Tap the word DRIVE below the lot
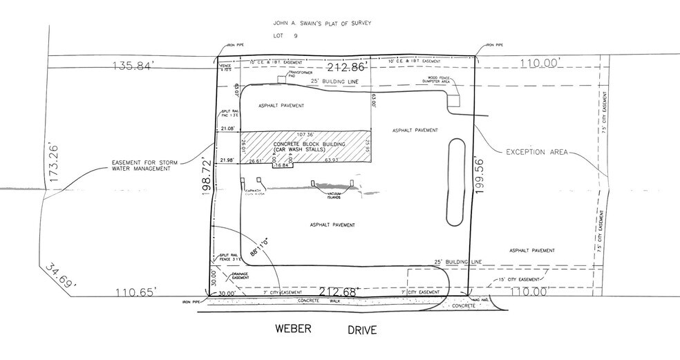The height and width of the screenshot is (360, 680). point(362,330)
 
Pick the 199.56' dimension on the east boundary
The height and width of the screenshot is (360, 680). point(482,177)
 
